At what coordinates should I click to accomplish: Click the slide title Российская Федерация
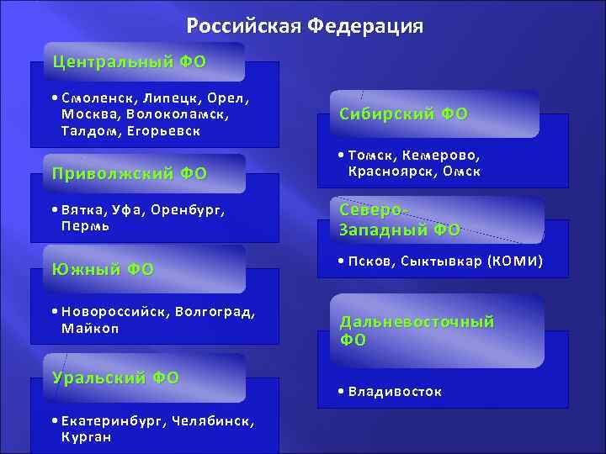click(x=305, y=26)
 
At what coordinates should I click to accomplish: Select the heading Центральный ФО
click(x=129, y=61)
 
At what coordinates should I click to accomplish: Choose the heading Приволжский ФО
click(x=129, y=174)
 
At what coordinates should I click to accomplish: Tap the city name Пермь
click(x=86, y=226)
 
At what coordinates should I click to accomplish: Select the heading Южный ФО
click(x=103, y=269)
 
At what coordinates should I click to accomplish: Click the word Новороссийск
click(x=114, y=312)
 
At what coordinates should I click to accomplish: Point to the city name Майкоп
click(x=90, y=327)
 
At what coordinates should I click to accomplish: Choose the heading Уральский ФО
click(x=115, y=377)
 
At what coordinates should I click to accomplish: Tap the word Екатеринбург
click(x=110, y=420)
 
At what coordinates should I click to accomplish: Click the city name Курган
click(x=86, y=436)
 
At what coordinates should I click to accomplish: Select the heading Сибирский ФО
click(x=404, y=113)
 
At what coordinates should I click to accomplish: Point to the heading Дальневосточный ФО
click(x=417, y=330)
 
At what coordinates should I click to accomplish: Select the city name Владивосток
click(x=395, y=391)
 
